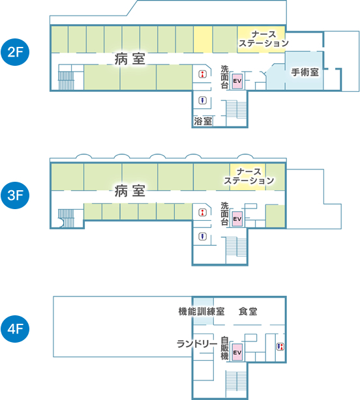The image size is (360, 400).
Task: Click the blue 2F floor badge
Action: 15,52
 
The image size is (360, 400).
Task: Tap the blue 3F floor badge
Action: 15,195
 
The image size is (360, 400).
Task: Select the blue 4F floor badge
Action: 15,328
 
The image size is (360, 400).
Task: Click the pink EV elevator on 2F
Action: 237,81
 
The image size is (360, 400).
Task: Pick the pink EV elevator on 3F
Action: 237,219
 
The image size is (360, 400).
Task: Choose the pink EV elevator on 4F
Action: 237,352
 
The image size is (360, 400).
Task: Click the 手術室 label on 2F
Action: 305,72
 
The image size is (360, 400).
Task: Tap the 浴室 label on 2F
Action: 203,121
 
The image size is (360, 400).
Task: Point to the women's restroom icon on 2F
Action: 203,74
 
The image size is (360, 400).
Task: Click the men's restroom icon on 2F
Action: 203,100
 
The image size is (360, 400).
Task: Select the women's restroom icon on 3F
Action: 203,212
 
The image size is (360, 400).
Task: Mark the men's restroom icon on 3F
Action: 203,236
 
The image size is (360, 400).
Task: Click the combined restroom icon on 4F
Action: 280,347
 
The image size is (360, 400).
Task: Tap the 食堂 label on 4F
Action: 248,311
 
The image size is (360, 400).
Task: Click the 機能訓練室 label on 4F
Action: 202,311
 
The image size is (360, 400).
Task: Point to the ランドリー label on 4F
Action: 197,343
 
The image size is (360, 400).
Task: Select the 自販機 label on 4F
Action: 224,348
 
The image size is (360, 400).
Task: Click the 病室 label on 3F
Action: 130,191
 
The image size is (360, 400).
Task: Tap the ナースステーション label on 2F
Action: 263,39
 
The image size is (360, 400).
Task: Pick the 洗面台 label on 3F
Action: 224,214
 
